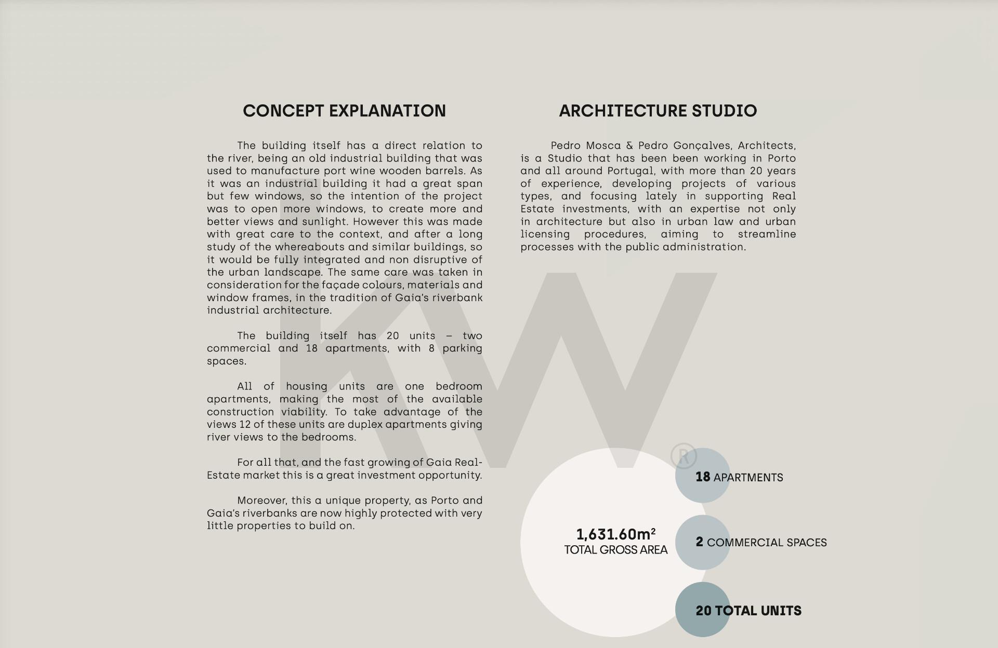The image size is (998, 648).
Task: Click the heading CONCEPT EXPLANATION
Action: coord(344,111)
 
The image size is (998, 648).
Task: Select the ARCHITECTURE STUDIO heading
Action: coord(658,111)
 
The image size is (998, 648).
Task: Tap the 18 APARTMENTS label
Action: coord(739,477)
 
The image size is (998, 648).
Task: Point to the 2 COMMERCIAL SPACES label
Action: coord(761,542)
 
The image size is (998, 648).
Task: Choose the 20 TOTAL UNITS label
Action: coord(748,611)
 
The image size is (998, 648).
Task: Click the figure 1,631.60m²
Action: coord(615,534)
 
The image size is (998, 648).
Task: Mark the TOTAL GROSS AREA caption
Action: coord(615,550)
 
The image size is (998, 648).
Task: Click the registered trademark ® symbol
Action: coord(683,456)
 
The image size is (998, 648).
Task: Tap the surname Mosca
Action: coord(603,146)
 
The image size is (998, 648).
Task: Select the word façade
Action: coord(344,285)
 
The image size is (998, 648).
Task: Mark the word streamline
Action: coord(767,234)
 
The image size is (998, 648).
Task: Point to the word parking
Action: coord(462,348)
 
